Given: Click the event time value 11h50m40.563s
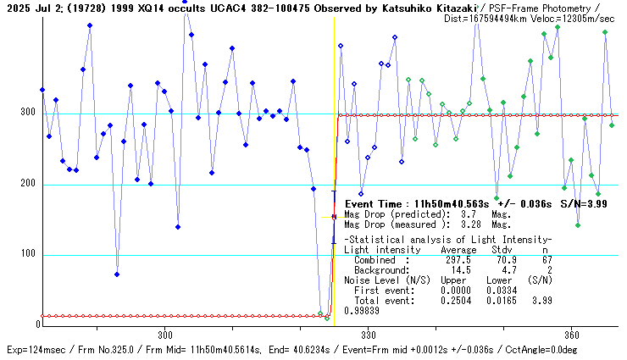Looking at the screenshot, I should point(453,204).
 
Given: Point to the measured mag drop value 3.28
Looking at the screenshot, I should point(471,225).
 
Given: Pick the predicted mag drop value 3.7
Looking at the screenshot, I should point(469,216).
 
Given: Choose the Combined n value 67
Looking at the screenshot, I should point(547,260).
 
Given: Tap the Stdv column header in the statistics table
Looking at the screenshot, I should point(502,251).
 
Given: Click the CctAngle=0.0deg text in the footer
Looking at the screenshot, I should point(571,349).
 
